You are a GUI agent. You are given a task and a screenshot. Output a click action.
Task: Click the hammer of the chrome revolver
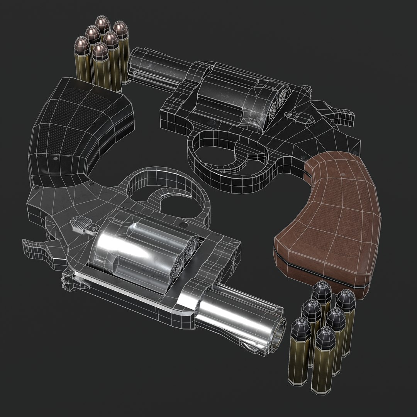[37, 247]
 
